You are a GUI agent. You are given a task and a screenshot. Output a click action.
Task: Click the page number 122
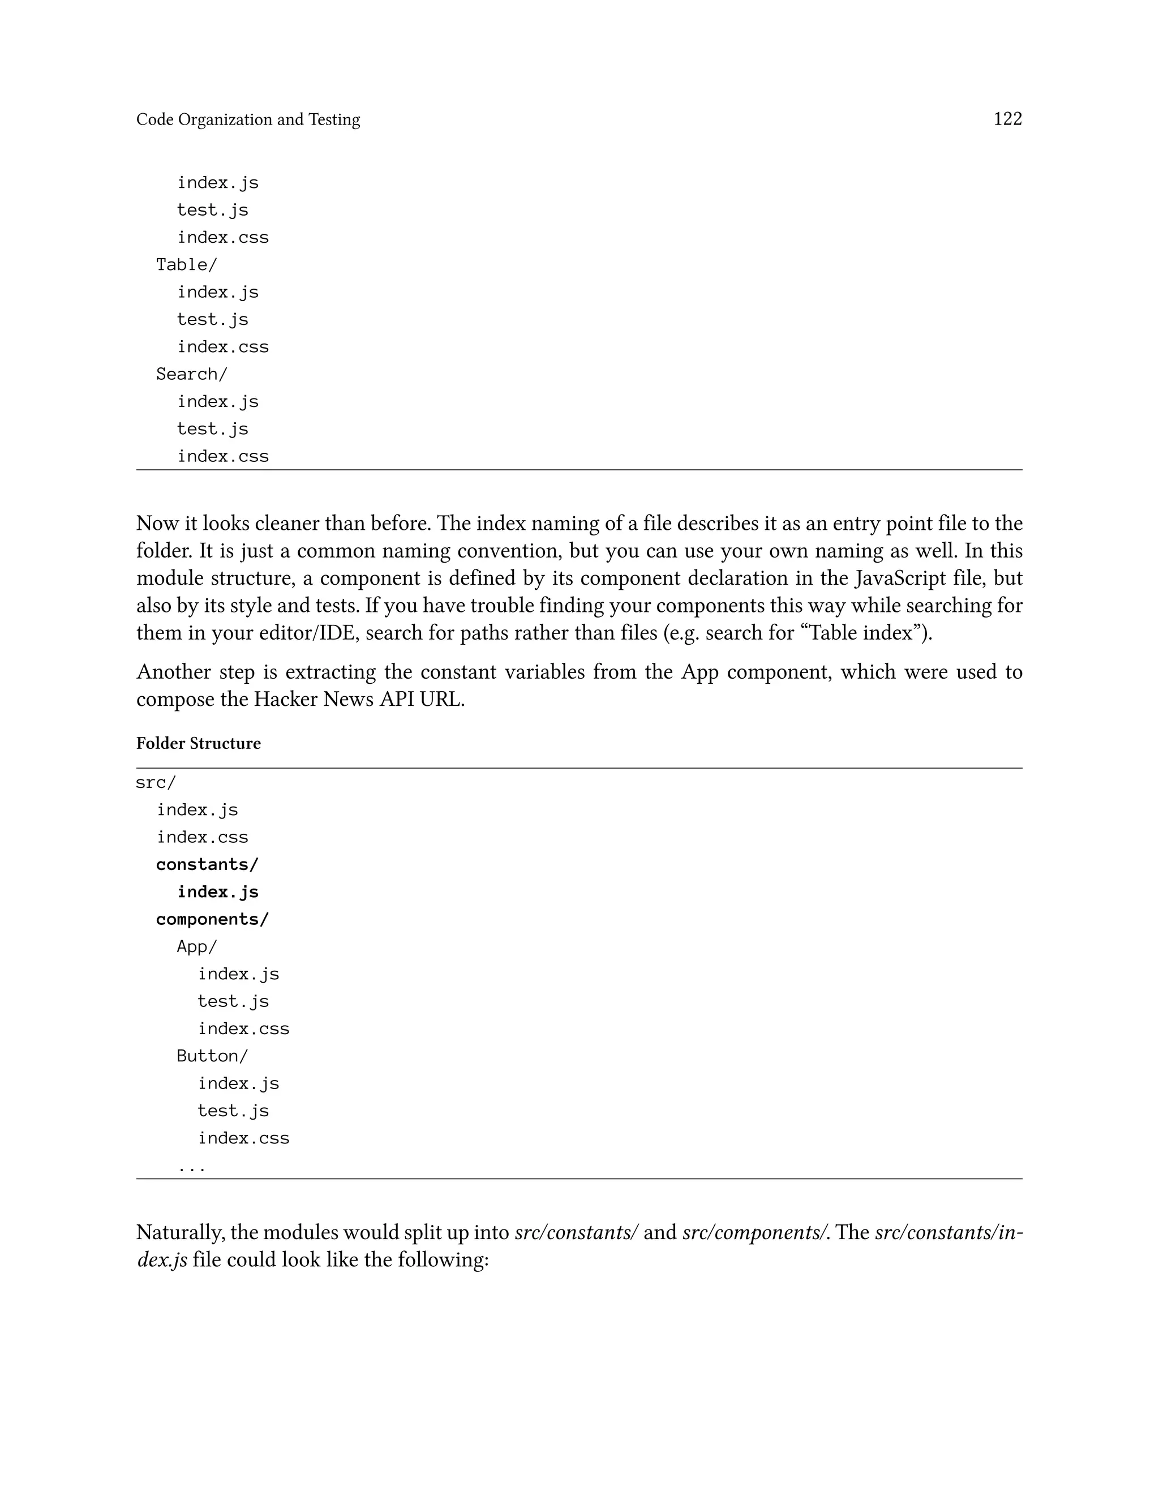point(1007,119)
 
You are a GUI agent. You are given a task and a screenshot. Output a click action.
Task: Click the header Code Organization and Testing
point(248,119)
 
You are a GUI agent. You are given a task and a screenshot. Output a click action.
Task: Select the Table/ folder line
point(186,264)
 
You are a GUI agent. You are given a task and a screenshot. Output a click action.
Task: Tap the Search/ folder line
point(192,374)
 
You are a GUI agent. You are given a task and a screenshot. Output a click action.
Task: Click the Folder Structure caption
point(199,743)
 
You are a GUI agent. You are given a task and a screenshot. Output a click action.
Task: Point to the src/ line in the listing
point(156,782)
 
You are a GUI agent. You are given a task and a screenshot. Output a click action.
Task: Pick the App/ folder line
point(196,946)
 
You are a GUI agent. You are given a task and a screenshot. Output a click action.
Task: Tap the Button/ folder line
point(212,1056)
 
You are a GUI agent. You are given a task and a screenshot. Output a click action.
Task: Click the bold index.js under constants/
point(218,892)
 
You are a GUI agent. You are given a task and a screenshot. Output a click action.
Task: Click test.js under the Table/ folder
point(212,319)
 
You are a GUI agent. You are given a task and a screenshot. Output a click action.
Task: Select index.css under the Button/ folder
point(244,1138)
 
